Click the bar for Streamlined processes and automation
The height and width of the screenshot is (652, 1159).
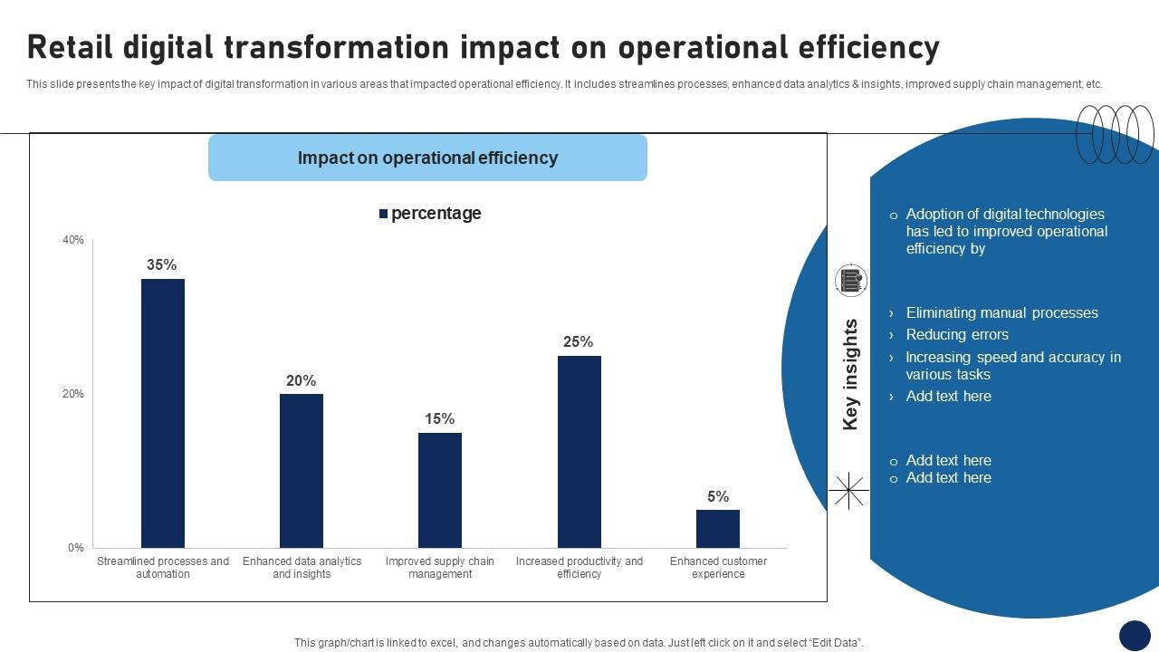(163, 413)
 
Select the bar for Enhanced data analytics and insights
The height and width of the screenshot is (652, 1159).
(302, 470)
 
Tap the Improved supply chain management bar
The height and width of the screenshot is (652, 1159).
(440, 490)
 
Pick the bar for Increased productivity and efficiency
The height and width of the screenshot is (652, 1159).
(579, 451)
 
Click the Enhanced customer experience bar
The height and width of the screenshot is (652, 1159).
(718, 528)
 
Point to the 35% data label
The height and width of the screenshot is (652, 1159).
(162, 265)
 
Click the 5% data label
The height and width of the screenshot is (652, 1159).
(718, 496)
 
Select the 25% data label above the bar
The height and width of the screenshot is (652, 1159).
(579, 342)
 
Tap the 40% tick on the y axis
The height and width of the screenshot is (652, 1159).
(73, 240)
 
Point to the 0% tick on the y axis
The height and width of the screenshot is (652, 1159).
(76, 548)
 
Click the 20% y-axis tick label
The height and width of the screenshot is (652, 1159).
(73, 394)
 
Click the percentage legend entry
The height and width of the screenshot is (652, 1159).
(430, 214)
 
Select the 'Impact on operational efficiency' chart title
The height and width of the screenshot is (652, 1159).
(427, 158)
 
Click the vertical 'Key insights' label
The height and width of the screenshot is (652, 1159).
(850, 374)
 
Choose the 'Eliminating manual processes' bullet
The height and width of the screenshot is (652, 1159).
(1001, 313)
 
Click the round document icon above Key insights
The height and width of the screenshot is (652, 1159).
(850, 282)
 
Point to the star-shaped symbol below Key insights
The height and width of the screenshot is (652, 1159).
(848, 491)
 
